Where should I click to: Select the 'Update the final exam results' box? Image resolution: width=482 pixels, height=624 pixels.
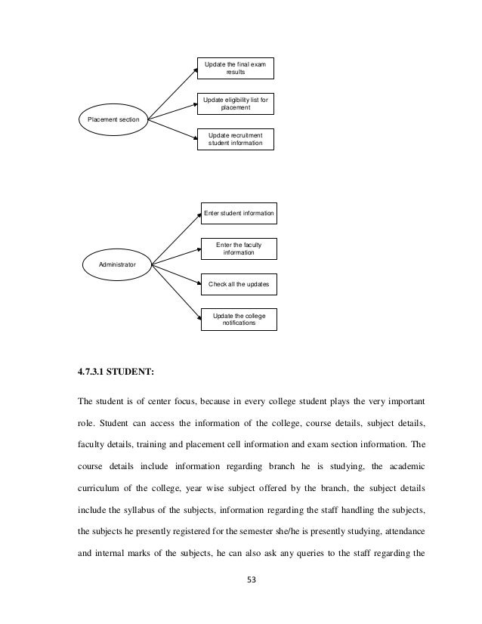pyautogui.click(x=235, y=68)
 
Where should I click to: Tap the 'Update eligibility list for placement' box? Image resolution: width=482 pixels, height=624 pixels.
pyautogui.click(x=235, y=103)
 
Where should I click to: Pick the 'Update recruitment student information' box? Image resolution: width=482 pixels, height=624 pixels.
pyautogui.click(x=235, y=138)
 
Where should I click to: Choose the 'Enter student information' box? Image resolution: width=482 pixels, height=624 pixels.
pyautogui.click(x=239, y=214)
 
